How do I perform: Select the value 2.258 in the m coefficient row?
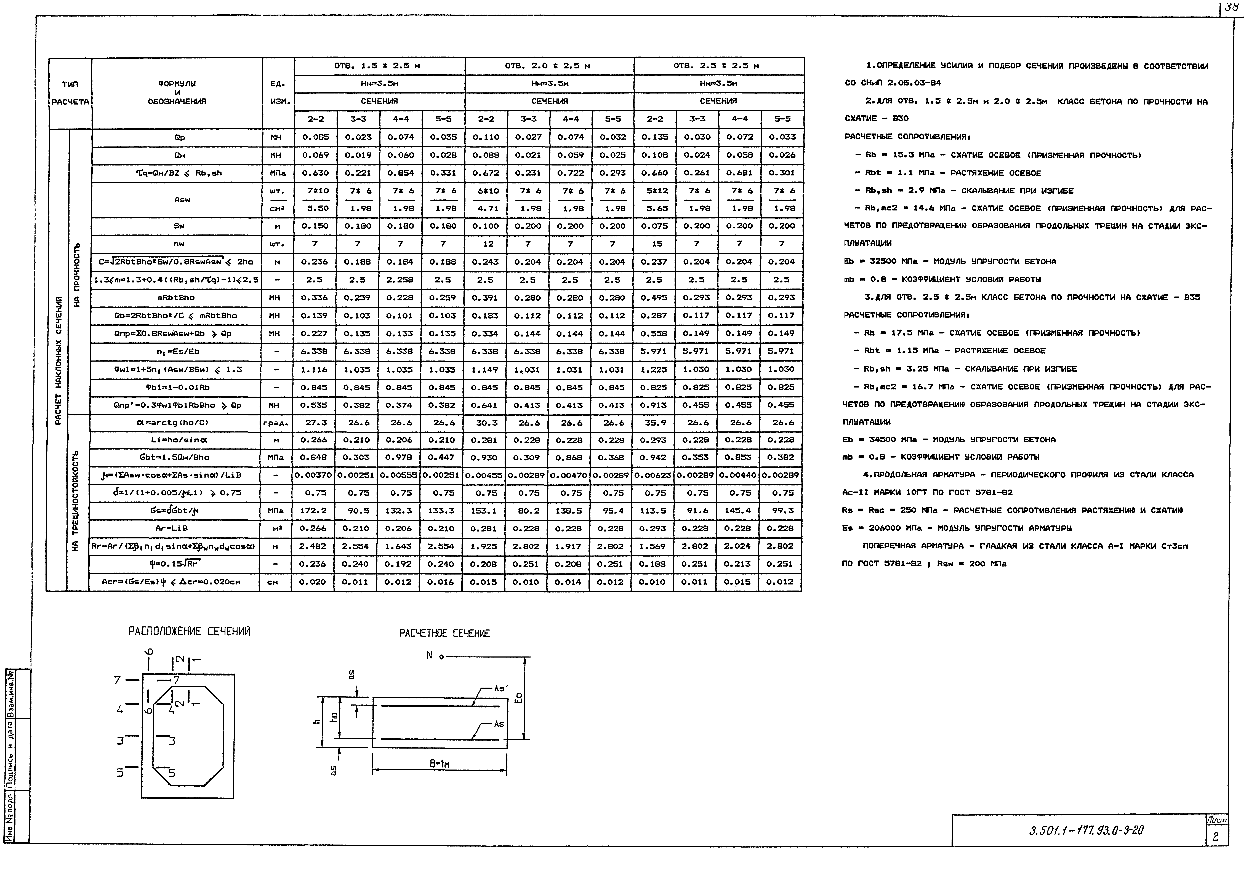pos(400,280)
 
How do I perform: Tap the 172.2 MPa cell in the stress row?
pos(313,511)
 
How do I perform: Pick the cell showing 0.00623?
pos(653,475)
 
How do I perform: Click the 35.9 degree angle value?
pos(653,422)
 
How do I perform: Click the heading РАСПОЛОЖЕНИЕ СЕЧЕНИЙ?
pos(190,631)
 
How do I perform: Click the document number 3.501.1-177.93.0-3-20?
pos(1086,831)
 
